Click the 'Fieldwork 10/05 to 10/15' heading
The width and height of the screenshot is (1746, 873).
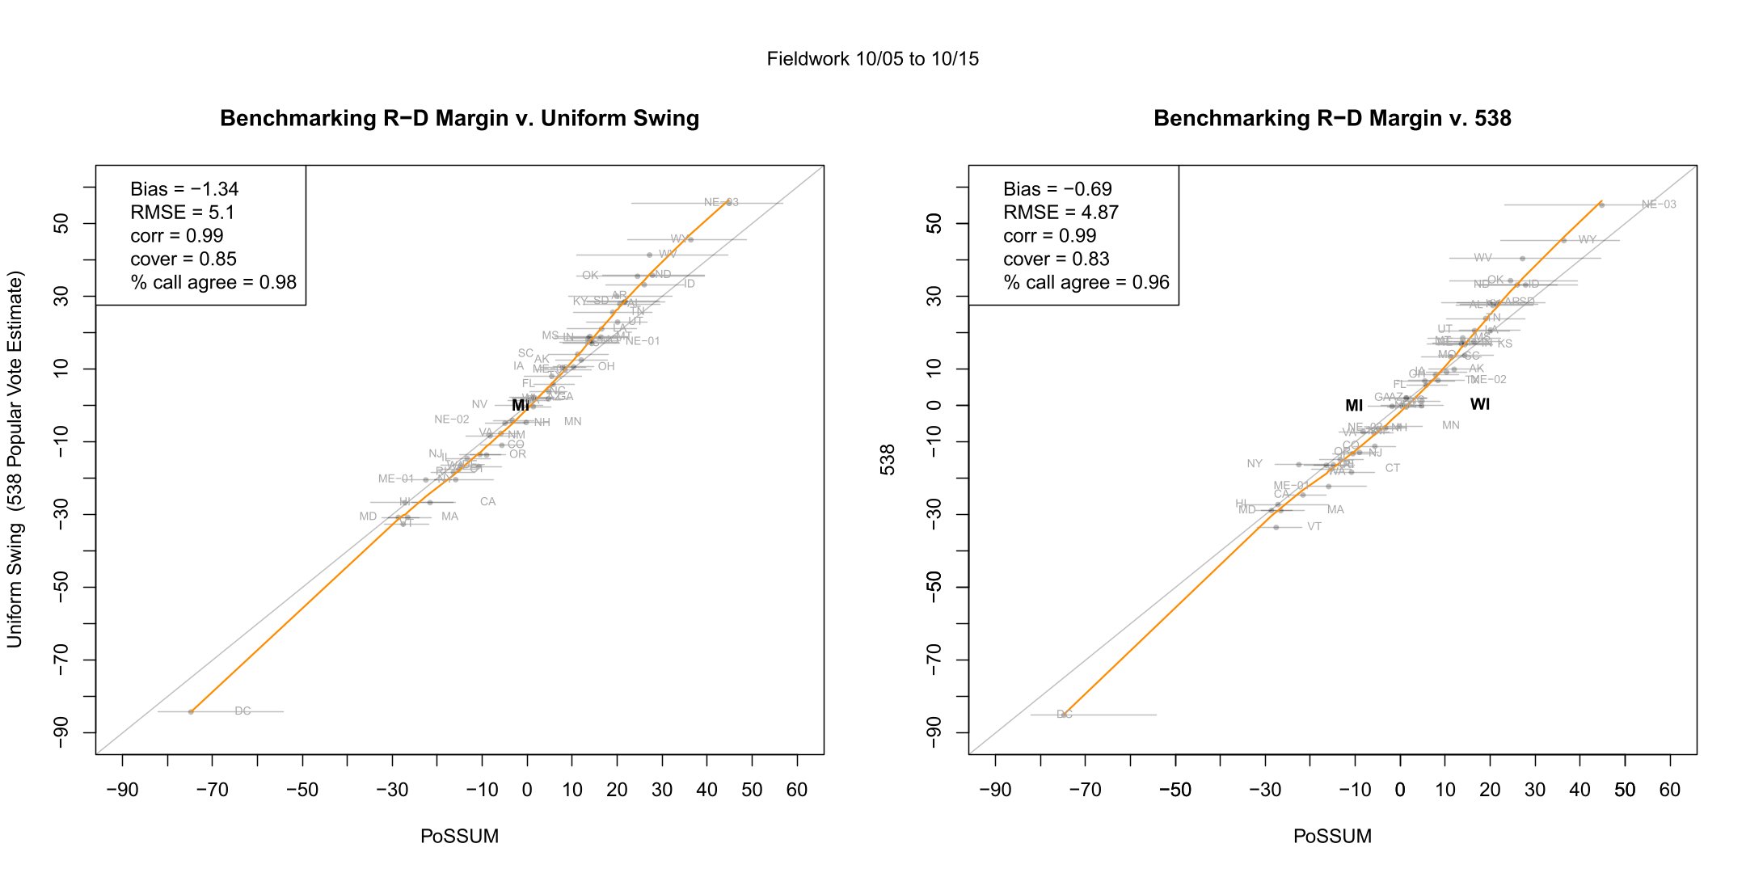tap(872, 59)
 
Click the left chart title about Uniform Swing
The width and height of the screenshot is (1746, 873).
tap(459, 119)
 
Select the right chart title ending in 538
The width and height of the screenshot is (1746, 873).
tap(1332, 119)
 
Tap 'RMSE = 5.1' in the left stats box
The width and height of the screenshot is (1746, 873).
tap(183, 213)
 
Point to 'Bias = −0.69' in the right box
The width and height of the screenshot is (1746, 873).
tap(1057, 189)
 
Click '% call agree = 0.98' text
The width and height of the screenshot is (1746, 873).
tap(213, 283)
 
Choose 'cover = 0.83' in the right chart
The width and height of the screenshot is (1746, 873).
tap(1056, 259)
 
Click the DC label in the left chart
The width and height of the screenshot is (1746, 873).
tap(242, 711)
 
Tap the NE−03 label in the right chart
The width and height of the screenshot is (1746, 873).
tap(1659, 205)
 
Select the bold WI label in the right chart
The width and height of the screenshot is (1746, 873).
tap(1479, 404)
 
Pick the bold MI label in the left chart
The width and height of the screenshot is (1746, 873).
tap(521, 405)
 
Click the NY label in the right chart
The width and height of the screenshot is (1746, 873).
tap(1254, 464)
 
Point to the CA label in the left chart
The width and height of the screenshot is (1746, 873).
tap(487, 502)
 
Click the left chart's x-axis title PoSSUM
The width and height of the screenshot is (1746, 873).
tap(459, 837)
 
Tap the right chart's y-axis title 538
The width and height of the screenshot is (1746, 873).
tap(888, 459)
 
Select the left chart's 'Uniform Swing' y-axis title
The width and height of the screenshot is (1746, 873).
tap(15, 459)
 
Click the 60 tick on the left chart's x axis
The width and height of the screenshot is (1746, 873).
tap(797, 790)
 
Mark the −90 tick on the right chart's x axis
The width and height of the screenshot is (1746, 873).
tap(994, 790)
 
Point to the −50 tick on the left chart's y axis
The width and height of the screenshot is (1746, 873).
tap(61, 587)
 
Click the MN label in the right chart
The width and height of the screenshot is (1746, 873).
tap(1451, 425)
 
